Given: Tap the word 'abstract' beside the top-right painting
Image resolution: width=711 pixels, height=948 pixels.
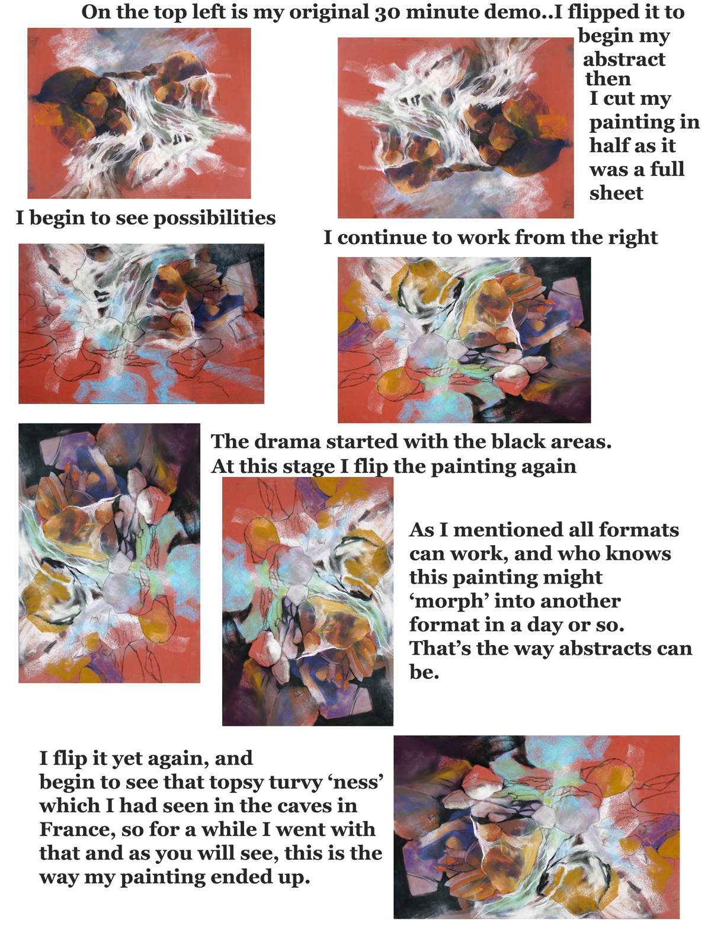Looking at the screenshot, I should point(624,59).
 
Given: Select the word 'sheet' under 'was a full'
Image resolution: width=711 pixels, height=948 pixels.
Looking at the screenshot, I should point(616,193).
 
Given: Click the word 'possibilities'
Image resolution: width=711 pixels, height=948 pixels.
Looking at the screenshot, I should point(214,218).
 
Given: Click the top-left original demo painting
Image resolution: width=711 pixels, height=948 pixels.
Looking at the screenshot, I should point(139,113).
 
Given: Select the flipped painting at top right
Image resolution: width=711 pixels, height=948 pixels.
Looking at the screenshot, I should point(455,128).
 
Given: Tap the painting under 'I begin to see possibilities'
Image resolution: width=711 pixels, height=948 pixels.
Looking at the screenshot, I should point(141,324).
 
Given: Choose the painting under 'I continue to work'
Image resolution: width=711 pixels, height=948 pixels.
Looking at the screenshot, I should point(464,340).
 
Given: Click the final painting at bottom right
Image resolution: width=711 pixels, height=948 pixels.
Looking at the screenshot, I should point(536,827).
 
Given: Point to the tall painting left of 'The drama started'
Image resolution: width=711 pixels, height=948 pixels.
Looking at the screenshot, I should point(109,553).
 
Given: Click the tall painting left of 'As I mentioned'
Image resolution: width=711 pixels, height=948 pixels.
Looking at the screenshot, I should point(308,601).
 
